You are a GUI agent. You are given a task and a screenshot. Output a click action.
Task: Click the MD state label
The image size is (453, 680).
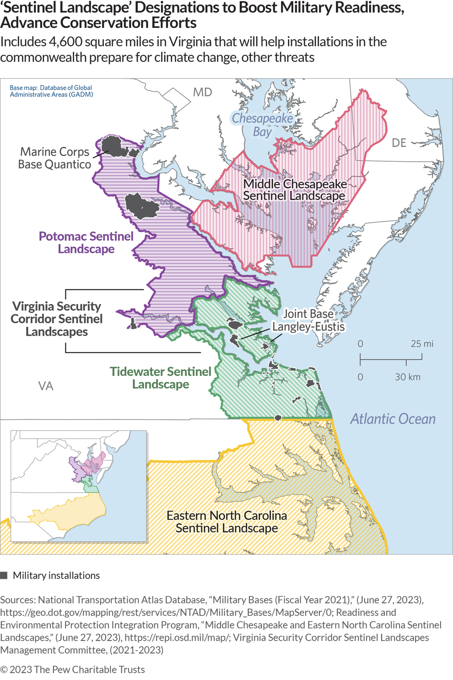[x=202, y=92]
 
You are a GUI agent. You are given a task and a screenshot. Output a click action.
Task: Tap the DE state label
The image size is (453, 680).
[x=399, y=143]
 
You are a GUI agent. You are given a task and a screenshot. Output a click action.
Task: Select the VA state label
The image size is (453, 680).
[x=46, y=386]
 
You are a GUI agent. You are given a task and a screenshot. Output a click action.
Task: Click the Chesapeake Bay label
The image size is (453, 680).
[x=262, y=125]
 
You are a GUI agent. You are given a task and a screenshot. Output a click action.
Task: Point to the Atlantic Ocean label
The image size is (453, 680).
[x=393, y=419]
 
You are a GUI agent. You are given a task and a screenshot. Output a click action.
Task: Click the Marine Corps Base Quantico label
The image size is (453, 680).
[x=54, y=158]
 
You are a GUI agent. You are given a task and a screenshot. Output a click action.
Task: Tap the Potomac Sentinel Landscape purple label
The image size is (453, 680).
[x=86, y=243]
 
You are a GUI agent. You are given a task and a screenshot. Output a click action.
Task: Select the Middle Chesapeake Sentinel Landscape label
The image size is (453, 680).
[x=295, y=190]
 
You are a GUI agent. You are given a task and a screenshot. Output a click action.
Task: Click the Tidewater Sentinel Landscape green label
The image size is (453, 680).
[x=160, y=378]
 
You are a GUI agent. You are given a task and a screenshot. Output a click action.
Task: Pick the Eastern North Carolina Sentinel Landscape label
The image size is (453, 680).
[x=226, y=522]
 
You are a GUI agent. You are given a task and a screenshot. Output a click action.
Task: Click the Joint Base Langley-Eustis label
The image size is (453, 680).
[x=308, y=320]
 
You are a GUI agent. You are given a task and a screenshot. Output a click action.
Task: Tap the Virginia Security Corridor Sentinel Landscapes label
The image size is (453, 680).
[x=57, y=319]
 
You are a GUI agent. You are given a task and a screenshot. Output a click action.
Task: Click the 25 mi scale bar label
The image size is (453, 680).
[x=421, y=343]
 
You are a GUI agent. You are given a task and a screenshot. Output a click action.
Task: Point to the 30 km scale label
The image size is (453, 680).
[x=407, y=377]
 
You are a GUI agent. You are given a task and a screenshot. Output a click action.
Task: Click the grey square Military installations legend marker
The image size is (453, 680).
[x=4, y=576]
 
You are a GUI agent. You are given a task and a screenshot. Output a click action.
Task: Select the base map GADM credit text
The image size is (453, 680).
[x=51, y=91]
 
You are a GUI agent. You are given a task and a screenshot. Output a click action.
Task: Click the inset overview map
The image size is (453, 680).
[x=79, y=486]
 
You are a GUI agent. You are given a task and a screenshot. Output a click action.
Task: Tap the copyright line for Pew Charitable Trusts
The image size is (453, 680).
[x=72, y=669]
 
